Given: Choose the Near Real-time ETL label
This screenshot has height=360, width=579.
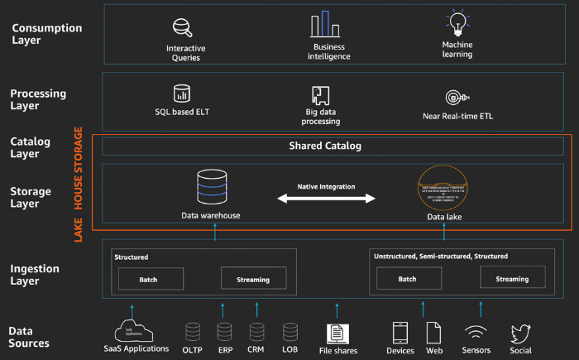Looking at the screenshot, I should click(457, 116).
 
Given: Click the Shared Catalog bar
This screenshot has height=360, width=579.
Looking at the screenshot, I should click(325, 146).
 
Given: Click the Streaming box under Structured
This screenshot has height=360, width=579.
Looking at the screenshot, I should click(253, 279).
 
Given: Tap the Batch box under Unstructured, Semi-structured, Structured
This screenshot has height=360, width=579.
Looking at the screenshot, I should click(408, 279).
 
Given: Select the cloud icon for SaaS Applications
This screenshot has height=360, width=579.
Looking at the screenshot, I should click(135, 330).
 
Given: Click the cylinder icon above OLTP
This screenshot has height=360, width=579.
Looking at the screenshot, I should click(194, 332).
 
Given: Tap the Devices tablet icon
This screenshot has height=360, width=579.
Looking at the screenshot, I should click(400, 333).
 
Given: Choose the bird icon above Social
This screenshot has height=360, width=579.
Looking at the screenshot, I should click(520, 333).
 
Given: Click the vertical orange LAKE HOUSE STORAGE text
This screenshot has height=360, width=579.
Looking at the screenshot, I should click(79, 184).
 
